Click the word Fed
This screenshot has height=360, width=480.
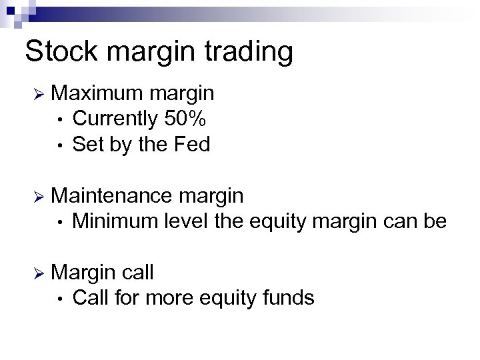[191, 144]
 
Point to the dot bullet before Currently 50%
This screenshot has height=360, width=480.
[61, 121]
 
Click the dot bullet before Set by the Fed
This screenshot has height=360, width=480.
[61, 145]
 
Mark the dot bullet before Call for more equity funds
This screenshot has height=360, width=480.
[61, 298]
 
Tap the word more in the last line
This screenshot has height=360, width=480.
[172, 298]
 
